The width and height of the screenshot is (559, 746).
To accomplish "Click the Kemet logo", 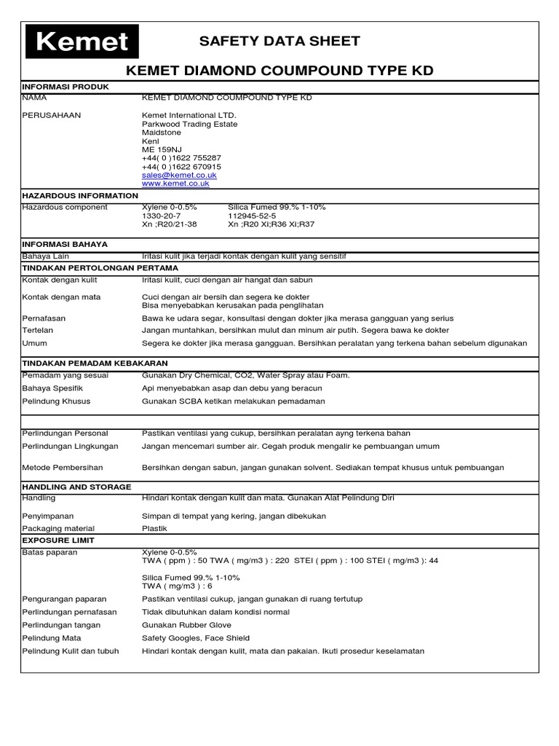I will point(82,42).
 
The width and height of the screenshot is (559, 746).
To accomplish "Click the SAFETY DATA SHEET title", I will point(279,41).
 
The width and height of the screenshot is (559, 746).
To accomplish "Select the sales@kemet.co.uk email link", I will point(179,176).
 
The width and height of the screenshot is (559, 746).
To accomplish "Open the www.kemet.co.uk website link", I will point(175,184).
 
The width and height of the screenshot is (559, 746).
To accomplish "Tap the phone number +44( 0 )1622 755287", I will point(181,158).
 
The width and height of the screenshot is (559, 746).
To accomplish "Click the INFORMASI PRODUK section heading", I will point(66,87).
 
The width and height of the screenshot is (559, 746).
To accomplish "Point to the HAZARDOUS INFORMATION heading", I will point(80,196).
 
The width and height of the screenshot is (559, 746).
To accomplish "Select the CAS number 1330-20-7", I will point(161,216).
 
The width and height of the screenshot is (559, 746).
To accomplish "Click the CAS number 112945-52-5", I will point(252,216).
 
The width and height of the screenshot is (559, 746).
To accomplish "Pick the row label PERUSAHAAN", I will point(52,115).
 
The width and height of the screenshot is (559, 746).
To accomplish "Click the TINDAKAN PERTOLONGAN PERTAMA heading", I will point(100,268).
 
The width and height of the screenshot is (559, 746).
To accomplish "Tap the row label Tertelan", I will point(39,330).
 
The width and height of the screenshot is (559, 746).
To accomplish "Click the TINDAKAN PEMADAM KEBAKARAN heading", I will point(95,363).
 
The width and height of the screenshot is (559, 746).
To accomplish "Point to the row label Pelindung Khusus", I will point(57,401).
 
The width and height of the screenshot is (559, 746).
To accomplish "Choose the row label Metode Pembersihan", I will point(63,468).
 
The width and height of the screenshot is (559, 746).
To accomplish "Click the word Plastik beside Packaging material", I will point(154,528).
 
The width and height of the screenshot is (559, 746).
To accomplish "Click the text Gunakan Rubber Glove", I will point(186,625).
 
